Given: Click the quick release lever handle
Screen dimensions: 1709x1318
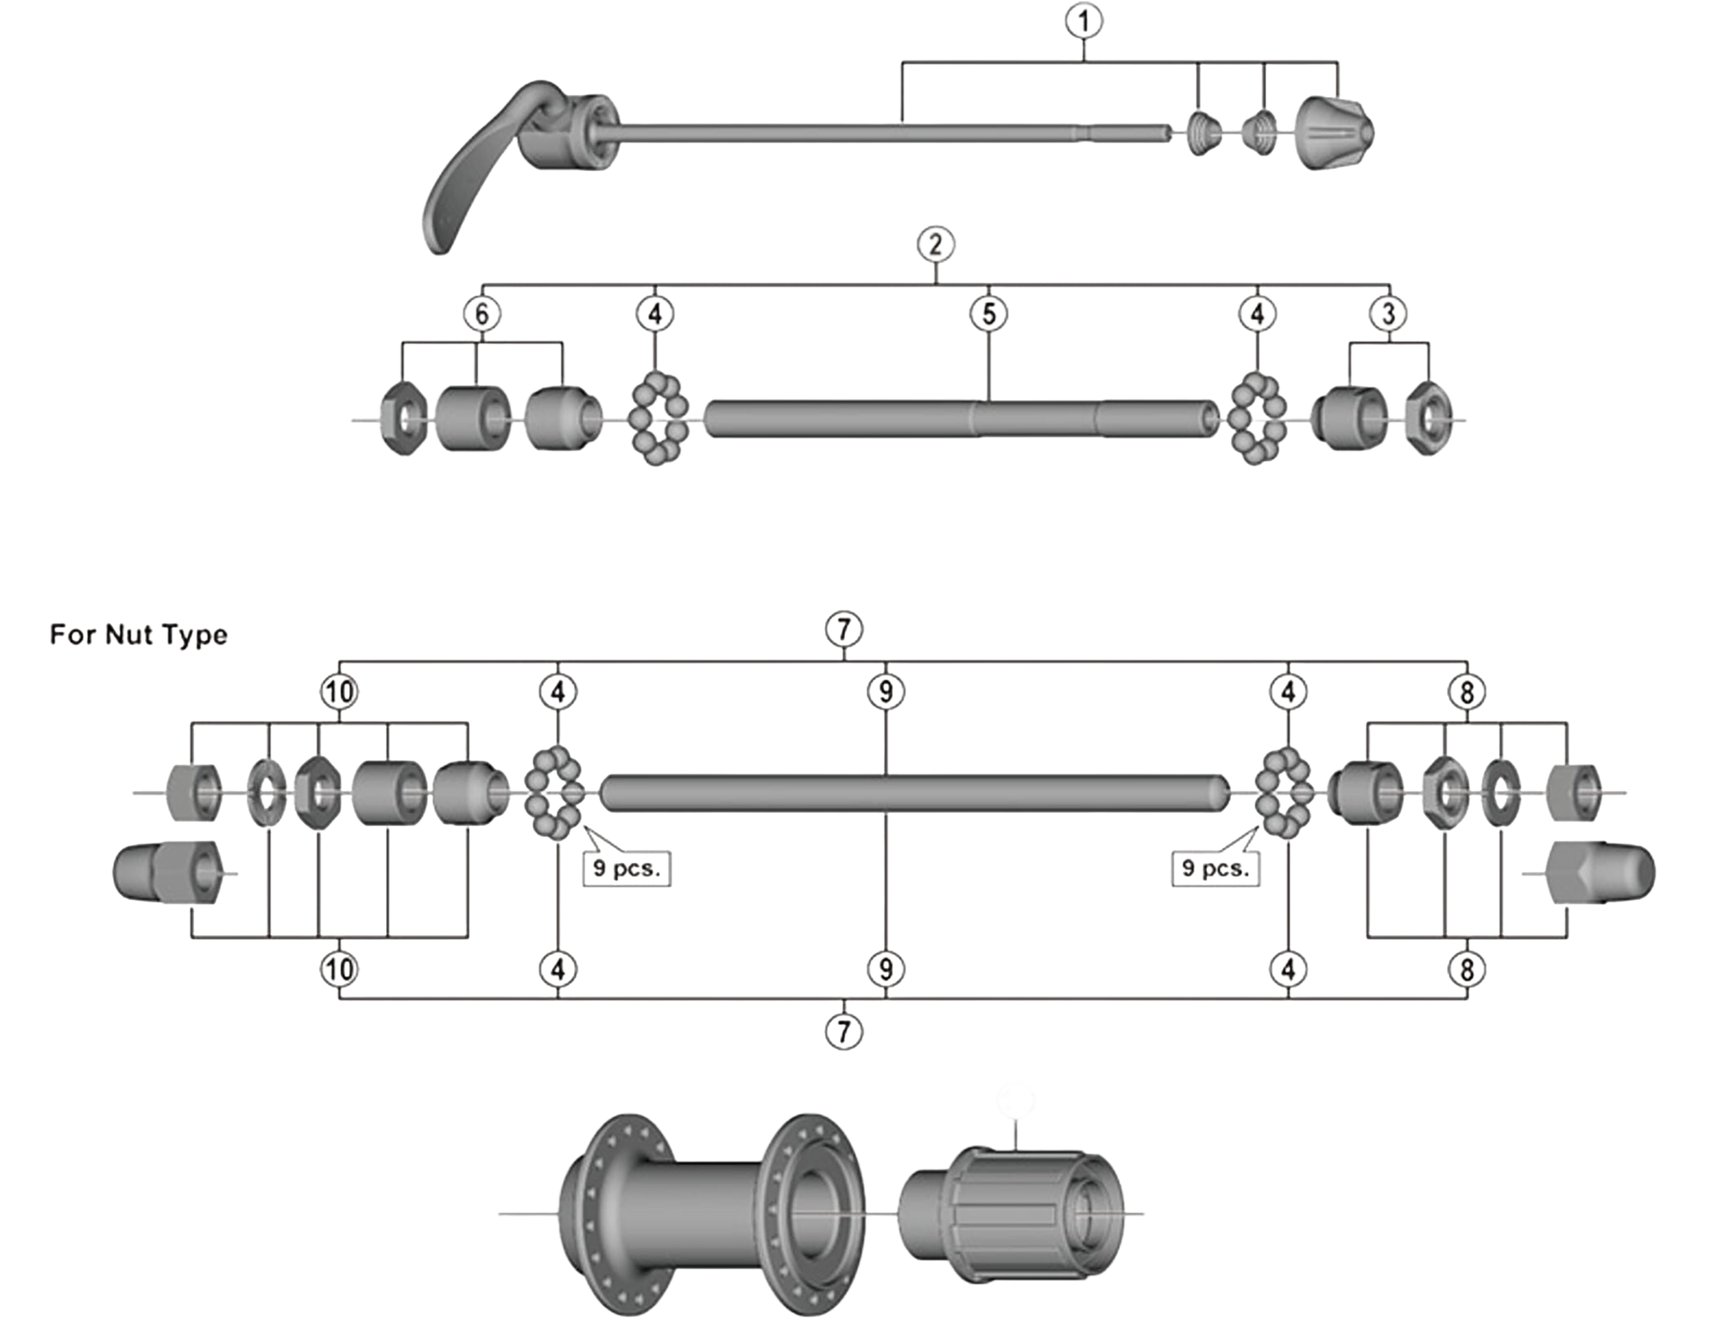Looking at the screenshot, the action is [x=472, y=169].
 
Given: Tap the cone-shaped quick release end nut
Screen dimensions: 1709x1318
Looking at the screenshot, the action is [x=1333, y=133].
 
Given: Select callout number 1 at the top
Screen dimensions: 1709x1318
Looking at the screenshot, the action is [x=1083, y=21].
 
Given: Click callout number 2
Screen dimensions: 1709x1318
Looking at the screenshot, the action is [x=935, y=245].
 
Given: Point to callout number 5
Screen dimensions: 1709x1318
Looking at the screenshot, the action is [x=989, y=314].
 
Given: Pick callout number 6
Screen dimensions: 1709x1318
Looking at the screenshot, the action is [x=482, y=314].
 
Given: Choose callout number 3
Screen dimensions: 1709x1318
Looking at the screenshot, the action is [x=1389, y=314].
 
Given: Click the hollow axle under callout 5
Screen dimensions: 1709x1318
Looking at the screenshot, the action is [x=961, y=418].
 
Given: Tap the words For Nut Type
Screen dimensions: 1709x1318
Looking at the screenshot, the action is [x=139, y=635].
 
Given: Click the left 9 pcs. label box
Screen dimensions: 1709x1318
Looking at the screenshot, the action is [x=627, y=869].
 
